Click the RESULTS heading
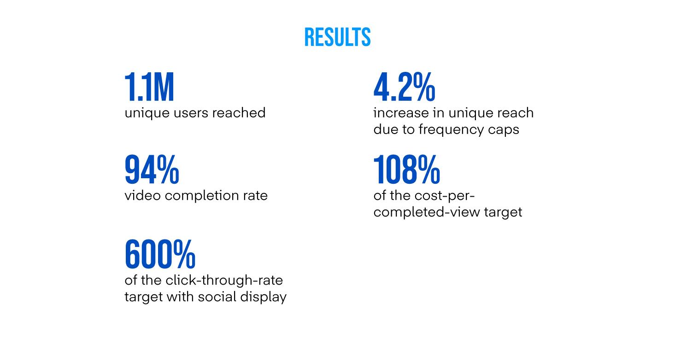(337, 37)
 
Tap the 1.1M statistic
(149, 87)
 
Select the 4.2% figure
(404, 87)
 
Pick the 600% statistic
(160, 254)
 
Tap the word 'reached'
(239, 113)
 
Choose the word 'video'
(142, 195)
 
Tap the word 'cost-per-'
(445, 196)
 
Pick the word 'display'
(263, 298)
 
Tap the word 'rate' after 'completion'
(255, 196)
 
